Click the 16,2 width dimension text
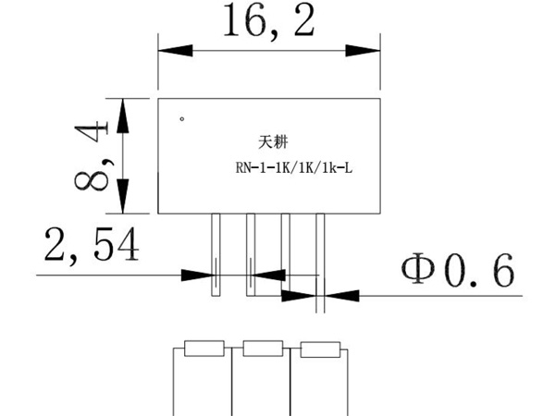[268, 23]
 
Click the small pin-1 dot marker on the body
[182, 118]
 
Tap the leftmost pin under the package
[215, 253]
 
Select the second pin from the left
[250, 253]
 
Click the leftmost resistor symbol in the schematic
[203, 349]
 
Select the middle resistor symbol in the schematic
[262, 349]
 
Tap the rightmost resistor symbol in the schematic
[319, 349]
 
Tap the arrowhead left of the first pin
[198, 275]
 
